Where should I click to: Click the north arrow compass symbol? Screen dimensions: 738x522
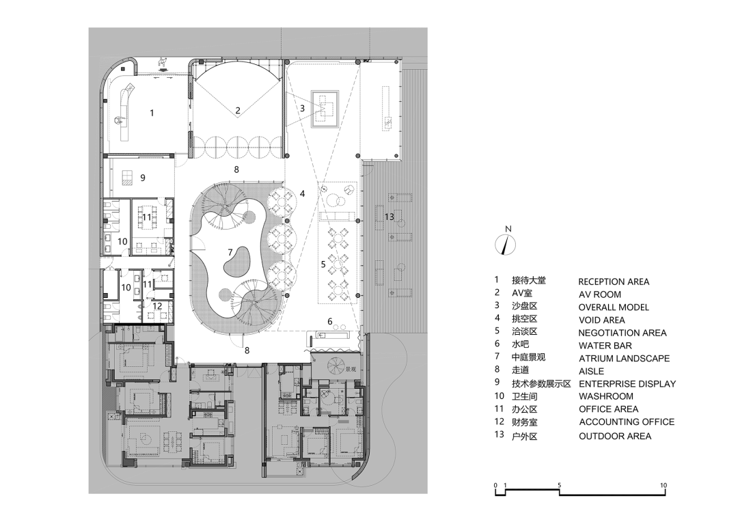[x=506, y=245]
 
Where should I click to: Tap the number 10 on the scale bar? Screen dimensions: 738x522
[x=663, y=485]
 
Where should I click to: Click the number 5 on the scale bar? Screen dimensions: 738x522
[x=559, y=485]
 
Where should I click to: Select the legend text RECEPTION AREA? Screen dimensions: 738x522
[x=614, y=281]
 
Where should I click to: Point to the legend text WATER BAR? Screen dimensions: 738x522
[x=605, y=346]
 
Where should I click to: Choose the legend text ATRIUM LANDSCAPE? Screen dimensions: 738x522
[x=624, y=358]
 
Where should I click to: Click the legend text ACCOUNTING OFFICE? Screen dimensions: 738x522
[x=627, y=422]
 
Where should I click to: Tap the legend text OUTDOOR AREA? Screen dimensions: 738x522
[x=615, y=437]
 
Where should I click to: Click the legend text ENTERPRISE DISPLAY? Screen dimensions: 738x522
[x=627, y=383]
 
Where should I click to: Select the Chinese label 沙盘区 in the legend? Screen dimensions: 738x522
[x=524, y=306]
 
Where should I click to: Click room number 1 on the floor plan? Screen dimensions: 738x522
[x=152, y=113]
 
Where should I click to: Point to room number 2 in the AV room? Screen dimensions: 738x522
[x=238, y=111]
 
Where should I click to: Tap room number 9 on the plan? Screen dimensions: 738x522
[x=143, y=178]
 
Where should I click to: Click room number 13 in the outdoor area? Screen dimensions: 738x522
[x=389, y=217]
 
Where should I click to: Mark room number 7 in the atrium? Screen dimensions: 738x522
[x=230, y=253]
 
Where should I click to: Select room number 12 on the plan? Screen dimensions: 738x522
[x=157, y=306]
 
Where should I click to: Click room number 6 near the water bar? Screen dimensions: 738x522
[x=330, y=322]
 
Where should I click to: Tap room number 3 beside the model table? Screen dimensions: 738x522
[x=302, y=108]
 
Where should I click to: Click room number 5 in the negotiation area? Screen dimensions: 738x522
[x=323, y=264]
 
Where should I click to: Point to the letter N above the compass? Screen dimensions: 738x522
[x=508, y=229]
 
